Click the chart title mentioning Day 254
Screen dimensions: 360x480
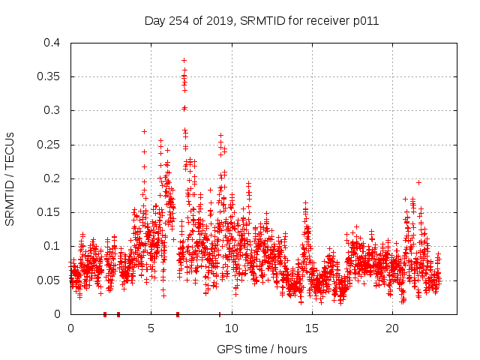pos(261,21)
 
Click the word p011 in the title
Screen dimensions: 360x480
pos(365,21)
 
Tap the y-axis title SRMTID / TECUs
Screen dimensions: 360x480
pos(10,178)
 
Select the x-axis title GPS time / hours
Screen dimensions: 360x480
pos(262,349)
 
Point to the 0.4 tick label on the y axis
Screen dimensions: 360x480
pos(52,43)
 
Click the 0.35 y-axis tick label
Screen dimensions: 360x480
pos(49,76)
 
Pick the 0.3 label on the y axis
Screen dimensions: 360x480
pos(52,110)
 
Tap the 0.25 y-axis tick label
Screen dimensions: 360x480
pos(49,145)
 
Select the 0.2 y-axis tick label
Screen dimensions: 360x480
pos(52,178)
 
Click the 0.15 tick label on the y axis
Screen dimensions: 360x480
pos(49,212)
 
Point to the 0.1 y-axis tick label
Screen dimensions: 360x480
pos(52,246)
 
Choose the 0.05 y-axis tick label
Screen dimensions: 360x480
pos(49,280)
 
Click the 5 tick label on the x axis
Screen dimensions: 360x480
pos(151,328)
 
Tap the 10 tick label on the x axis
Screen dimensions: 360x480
pos(232,328)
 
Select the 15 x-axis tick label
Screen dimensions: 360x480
pos(312,328)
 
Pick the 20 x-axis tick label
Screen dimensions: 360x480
pos(392,328)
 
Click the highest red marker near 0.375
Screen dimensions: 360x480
pos(184,60)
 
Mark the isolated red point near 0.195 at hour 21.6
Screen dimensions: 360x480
pos(418,182)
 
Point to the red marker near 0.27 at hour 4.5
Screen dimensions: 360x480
pos(144,131)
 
